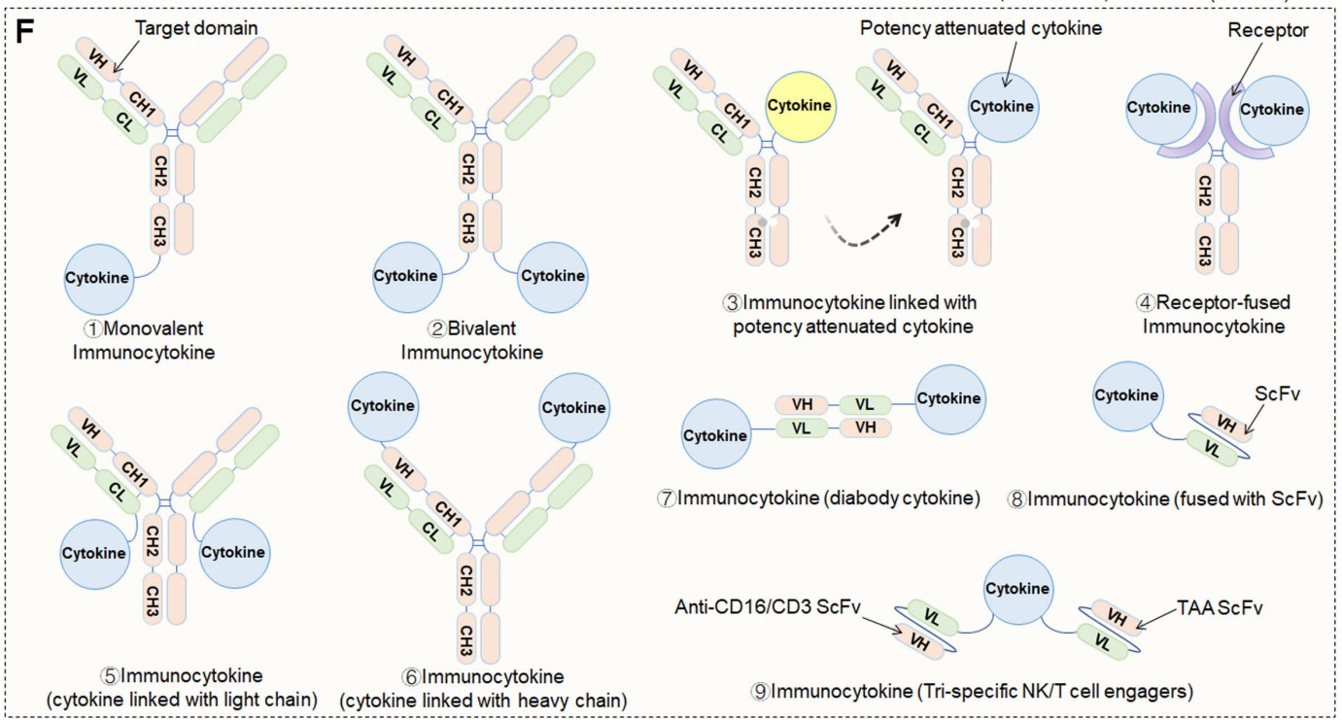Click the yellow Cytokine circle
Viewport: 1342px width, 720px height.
pyautogui.click(x=800, y=105)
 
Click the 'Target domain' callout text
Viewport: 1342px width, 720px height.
pyautogui.click(x=195, y=27)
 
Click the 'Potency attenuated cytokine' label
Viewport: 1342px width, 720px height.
pyautogui.click(x=981, y=28)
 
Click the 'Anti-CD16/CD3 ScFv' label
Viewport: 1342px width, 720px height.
pyautogui.click(x=753, y=607)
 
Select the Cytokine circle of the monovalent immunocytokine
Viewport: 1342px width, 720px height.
pyautogui.click(x=98, y=278)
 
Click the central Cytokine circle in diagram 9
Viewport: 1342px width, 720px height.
pyautogui.click(x=1017, y=589)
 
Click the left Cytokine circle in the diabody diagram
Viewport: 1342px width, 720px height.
pyautogui.click(x=715, y=435)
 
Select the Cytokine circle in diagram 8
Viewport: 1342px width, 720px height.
pyautogui.click(x=1127, y=395)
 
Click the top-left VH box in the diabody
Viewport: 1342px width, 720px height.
pyautogui.click(x=803, y=404)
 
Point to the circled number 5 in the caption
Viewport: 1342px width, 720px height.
pyautogui.click(x=109, y=675)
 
